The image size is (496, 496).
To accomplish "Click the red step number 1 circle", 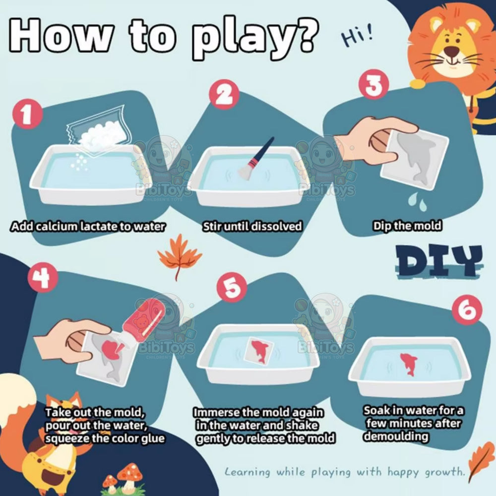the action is tap(27, 115).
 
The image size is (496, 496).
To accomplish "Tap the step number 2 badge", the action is tap(224, 95).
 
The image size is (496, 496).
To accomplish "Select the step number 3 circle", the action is tap(373, 84).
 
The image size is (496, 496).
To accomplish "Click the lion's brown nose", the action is tap(451, 51).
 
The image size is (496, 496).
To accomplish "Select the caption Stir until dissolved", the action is tap(252, 227).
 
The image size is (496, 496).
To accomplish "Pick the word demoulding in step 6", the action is tap(396, 436).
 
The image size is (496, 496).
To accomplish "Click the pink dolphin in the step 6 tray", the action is tap(409, 364).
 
